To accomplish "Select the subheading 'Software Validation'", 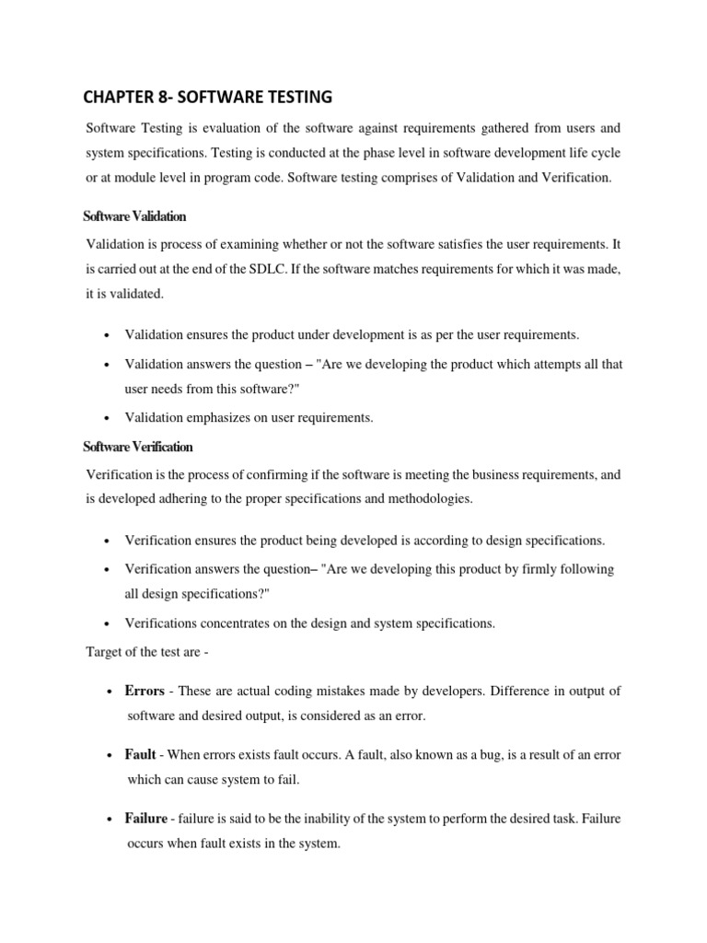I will point(134,216).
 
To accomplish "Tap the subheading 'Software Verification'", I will point(138,447).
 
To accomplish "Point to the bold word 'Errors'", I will point(145,692).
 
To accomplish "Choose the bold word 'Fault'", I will point(140,755).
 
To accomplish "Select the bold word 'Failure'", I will point(146,819).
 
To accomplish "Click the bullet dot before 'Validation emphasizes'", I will point(109,418).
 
